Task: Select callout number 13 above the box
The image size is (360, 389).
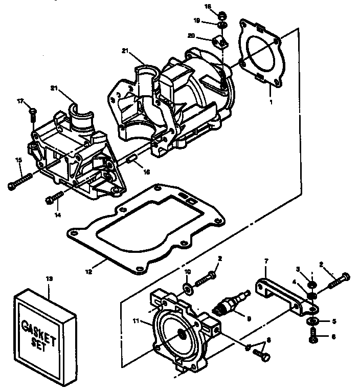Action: coord(49,279)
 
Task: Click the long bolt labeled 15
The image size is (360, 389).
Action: coord(20,181)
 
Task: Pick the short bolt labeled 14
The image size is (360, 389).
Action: coord(55,197)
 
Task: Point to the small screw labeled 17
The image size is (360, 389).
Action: coord(32,111)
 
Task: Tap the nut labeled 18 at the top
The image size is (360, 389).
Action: coord(223,14)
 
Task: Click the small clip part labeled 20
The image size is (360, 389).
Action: coord(220,41)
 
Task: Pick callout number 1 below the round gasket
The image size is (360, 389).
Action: coord(272,102)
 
